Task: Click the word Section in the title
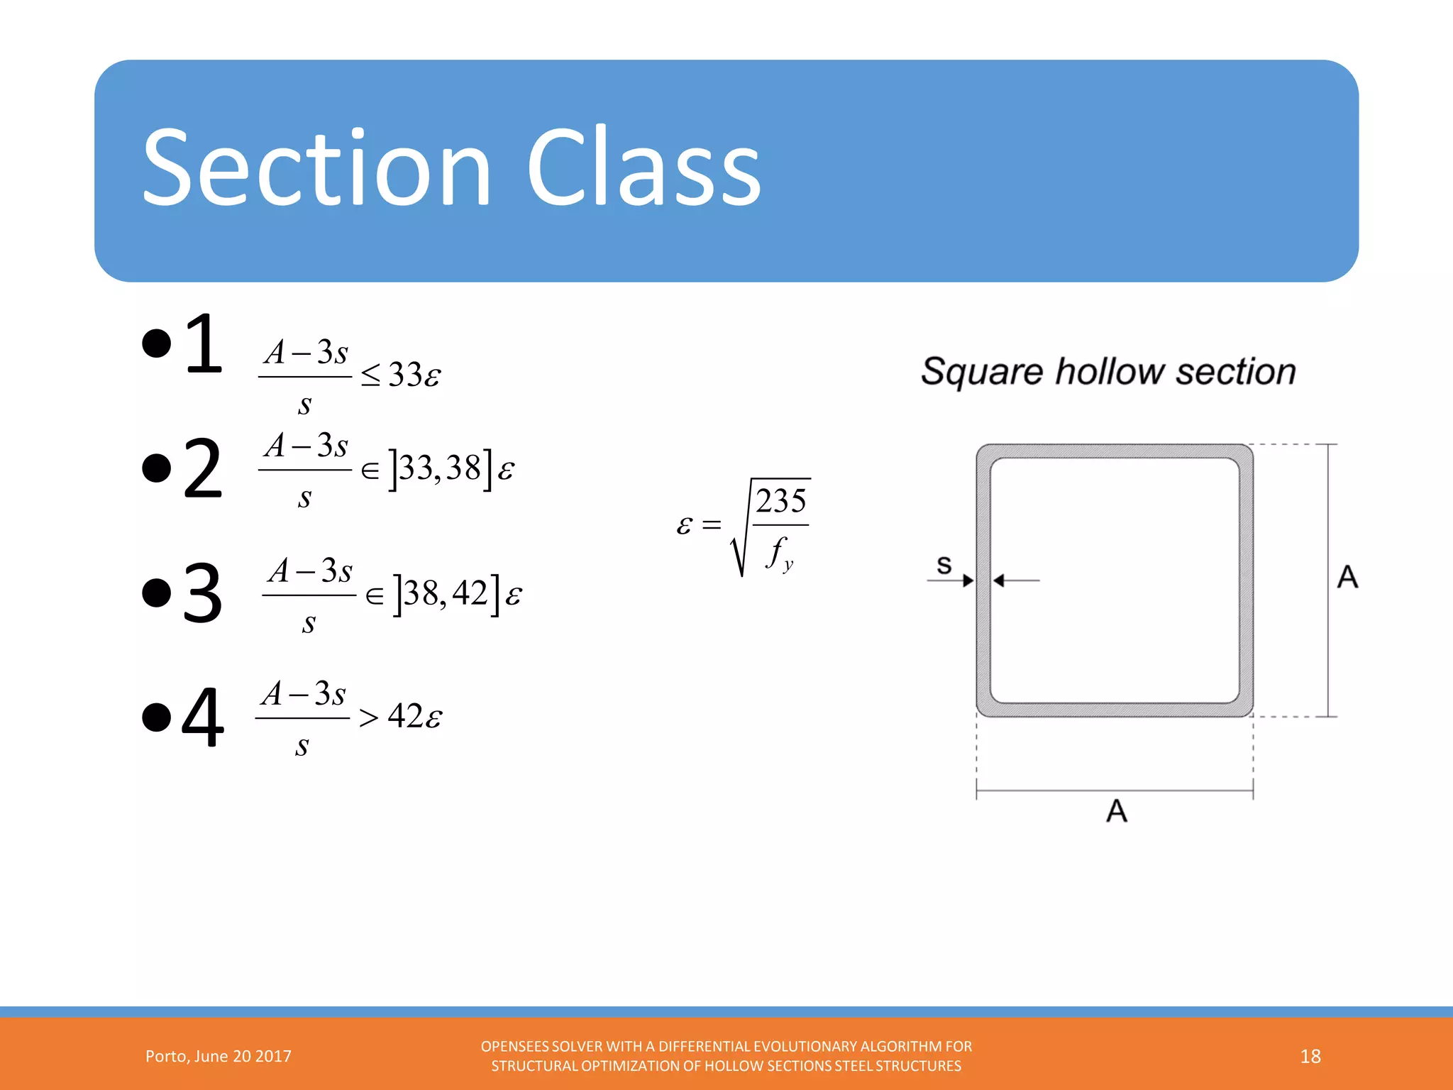point(316,169)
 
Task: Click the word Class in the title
point(643,169)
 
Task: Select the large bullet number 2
point(203,468)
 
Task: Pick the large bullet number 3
point(203,593)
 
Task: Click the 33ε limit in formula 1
point(414,375)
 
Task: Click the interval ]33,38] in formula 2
point(440,469)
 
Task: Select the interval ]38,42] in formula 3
point(446,594)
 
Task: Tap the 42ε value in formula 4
point(414,716)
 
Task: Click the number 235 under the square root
point(780,501)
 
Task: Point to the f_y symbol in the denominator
point(779,553)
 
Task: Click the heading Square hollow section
point(1108,371)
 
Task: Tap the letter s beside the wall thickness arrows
point(944,565)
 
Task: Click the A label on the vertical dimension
point(1347,576)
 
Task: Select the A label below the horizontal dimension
point(1116,810)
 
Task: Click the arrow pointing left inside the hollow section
point(1016,580)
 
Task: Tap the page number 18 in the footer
point(1310,1056)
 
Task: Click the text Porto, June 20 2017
point(219,1056)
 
